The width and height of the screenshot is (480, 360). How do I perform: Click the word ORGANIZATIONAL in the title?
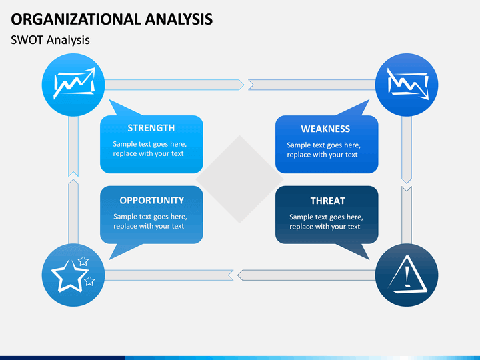[75, 19]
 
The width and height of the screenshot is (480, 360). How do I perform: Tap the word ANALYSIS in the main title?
[179, 19]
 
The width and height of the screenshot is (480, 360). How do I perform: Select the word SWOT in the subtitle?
[27, 40]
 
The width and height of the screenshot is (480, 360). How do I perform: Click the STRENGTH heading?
[151, 128]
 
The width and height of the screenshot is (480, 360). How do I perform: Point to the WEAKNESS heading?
[325, 129]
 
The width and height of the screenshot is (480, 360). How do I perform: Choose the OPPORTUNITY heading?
[152, 200]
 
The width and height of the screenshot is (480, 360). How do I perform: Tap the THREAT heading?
[328, 201]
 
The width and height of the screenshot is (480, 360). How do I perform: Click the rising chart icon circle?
[73, 85]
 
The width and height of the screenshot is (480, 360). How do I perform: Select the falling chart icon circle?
[407, 85]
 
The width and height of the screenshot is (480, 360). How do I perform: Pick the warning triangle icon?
[407, 275]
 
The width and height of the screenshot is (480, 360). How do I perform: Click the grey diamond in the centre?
[240, 179]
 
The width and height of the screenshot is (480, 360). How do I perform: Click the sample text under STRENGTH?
[150, 149]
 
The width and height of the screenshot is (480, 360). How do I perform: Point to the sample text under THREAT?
[326, 221]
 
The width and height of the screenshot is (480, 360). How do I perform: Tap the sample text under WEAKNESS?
[324, 150]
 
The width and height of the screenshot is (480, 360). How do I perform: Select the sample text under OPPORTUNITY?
[150, 221]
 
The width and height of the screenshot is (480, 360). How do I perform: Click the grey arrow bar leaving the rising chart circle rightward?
[175, 85]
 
